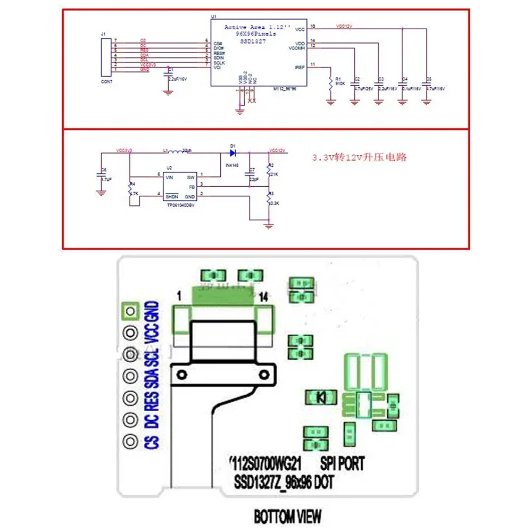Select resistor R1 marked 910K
click(x=331, y=82)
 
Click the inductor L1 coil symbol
click(x=173, y=152)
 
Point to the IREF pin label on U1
click(x=300, y=67)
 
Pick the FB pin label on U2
click(x=192, y=187)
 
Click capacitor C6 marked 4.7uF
click(x=101, y=176)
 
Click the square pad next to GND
click(x=130, y=310)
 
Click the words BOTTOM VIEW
click(x=287, y=516)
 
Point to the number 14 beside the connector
click(x=263, y=298)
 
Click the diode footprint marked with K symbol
click(x=321, y=396)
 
